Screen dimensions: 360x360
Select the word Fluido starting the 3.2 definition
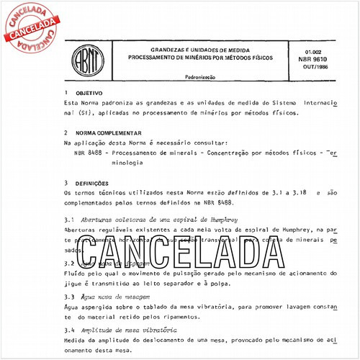click(76, 274)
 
